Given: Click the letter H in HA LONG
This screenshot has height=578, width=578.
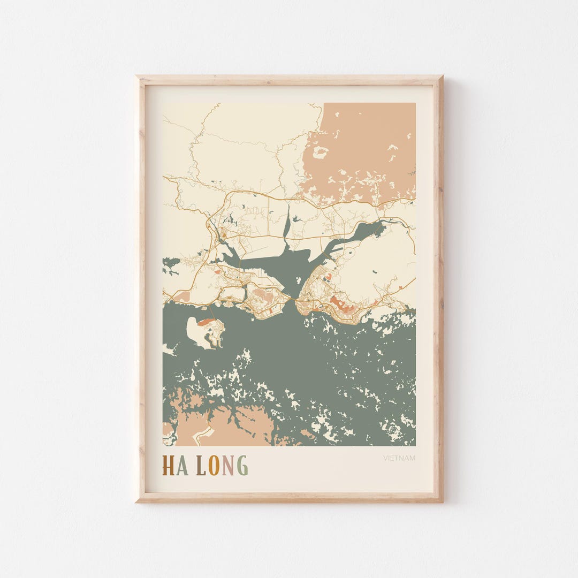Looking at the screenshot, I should coord(168,466).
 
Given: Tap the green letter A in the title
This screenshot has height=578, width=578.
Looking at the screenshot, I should coord(182,466).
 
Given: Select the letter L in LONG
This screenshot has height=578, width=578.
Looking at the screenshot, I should coord(201,466).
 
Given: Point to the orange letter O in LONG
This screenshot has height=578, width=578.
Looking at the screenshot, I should coord(214,466).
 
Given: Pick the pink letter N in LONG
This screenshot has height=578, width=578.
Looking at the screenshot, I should coord(228,466).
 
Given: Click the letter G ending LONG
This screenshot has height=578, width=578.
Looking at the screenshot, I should coord(242,466).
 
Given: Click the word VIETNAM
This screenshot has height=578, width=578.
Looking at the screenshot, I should coord(399,458).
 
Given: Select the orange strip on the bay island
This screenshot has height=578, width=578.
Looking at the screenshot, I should coord(206,322).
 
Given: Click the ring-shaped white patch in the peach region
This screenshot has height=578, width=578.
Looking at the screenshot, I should coord(321,153).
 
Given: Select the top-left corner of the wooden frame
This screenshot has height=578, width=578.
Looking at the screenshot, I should coord(137,78).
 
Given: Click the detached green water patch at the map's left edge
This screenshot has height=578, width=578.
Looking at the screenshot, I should coord(171,265).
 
